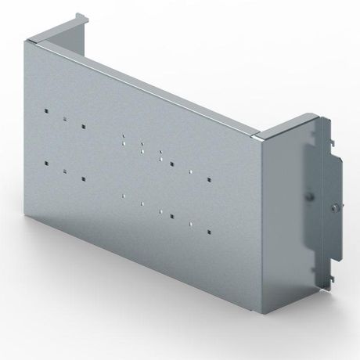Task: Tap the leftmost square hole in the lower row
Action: [x=48, y=163]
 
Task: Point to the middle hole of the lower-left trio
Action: [x=64, y=170]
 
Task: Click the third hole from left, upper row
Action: [x=82, y=125]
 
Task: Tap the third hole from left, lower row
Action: [x=82, y=178]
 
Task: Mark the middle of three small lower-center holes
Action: [x=142, y=202]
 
